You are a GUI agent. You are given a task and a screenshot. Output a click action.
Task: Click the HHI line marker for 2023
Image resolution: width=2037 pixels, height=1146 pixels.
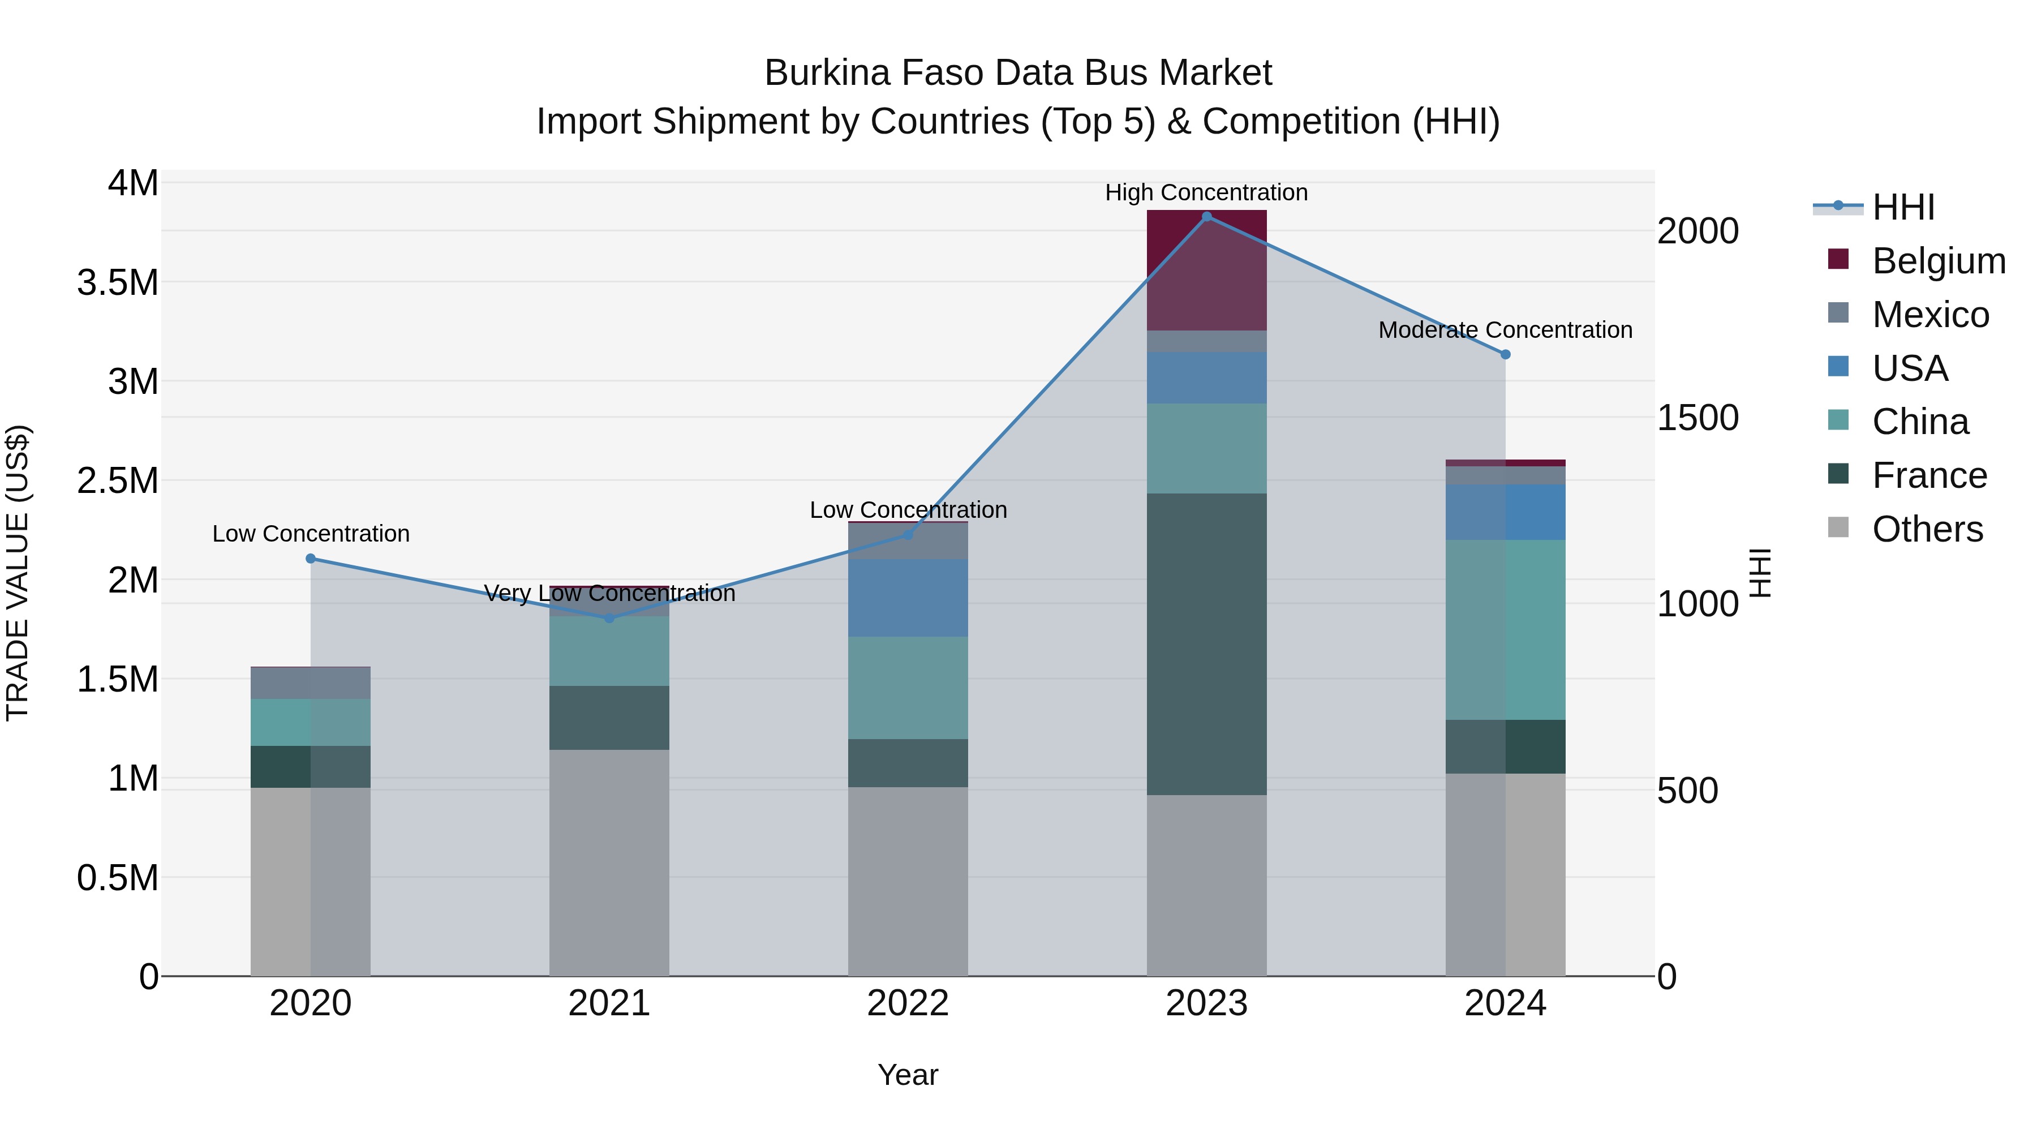click(x=1207, y=217)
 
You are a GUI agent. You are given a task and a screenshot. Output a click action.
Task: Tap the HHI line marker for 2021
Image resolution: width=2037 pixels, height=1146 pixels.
click(x=609, y=617)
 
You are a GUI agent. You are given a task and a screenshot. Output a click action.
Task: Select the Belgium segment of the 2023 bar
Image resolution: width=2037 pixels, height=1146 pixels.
click(x=1207, y=270)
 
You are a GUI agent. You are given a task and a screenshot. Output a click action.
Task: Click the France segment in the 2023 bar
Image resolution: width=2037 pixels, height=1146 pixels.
click(x=1207, y=644)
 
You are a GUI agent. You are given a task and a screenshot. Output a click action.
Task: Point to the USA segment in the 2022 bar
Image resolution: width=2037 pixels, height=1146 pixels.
click(x=908, y=598)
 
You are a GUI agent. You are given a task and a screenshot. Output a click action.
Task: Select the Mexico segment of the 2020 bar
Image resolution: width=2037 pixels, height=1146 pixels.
click(x=310, y=683)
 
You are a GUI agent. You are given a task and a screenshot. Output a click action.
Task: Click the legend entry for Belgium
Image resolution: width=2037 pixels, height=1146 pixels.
click(x=1937, y=261)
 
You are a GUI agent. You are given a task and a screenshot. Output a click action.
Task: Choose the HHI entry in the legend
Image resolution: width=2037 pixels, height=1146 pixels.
click(x=1902, y=207)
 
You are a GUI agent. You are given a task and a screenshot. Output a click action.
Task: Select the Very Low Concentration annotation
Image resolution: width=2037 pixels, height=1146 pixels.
click(x=609, y=593)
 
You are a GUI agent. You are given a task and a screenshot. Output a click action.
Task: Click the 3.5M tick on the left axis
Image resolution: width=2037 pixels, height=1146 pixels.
click(x=117, y=282)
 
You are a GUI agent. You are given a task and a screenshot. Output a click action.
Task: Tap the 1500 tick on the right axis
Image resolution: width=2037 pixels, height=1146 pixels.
click(x=1697, y=418)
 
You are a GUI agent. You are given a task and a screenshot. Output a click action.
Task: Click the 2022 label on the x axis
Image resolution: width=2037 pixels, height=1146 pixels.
click(x=908, y=1003)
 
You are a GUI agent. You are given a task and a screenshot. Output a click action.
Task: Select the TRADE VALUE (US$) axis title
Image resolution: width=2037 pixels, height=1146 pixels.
click(x=18, y=573)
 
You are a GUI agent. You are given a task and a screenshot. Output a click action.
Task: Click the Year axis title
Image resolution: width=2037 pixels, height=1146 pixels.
click(x=908, y=1075)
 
